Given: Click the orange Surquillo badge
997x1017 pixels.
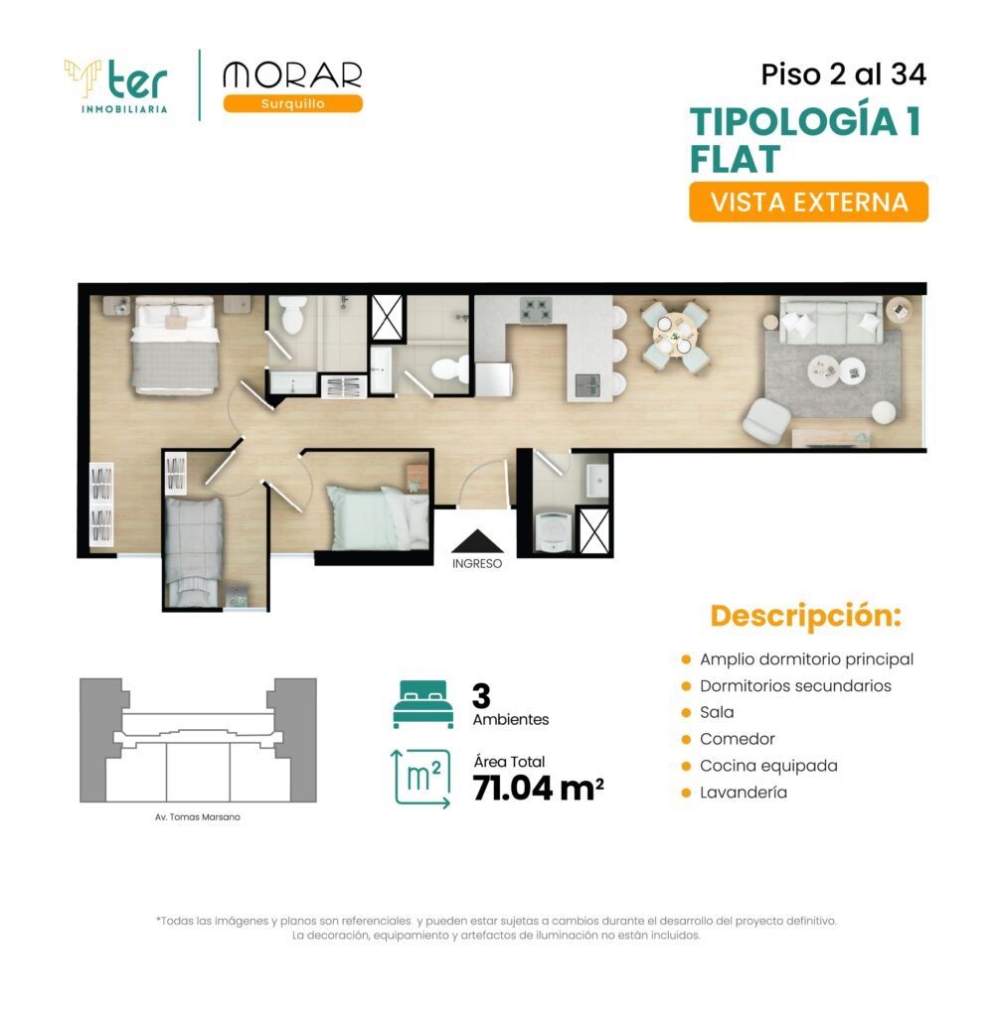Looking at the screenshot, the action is click(293, 103).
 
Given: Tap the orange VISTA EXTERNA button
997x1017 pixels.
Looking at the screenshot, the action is click(809, 202).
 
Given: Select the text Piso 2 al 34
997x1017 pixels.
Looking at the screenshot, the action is click(843, 73).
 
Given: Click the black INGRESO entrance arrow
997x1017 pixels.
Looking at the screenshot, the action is click(477, 541).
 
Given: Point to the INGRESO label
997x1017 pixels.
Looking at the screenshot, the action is click(477, 564).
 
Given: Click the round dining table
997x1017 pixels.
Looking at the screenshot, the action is click(675, 334).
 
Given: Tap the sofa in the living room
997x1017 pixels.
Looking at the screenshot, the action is click(831, 321).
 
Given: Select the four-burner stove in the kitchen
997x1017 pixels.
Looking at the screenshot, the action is click(536, 310).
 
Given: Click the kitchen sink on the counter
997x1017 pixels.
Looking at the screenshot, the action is click(587, 386).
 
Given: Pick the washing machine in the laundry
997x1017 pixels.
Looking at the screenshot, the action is click(554, 532).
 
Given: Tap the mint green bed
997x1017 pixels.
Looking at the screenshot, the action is click(378, 517).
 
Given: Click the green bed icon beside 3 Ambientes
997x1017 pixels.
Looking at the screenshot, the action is click(423, 704).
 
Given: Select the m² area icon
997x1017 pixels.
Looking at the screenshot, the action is click(420, 779).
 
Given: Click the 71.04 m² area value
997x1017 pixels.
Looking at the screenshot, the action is click(538, 789).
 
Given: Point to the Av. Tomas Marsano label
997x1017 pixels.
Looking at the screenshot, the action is click(198, 817).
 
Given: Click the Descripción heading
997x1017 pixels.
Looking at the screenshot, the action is click(806, 616).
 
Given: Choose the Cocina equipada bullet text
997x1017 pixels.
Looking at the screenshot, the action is click(768, 766).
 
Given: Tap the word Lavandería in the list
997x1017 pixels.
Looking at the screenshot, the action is click(744, 792).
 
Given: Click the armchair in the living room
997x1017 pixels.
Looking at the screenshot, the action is click(766, 420).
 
